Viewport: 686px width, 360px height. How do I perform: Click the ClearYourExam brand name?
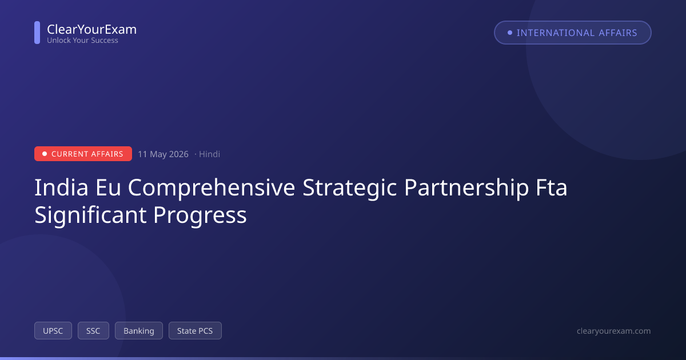(x=92, y=30)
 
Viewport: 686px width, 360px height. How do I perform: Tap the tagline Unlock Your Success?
(x=82, y=41)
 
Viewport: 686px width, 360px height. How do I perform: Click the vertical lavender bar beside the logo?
(x=37, y=33)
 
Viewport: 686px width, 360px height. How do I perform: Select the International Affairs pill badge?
(x=572, y=33)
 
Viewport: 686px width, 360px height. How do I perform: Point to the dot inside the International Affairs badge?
(x=510, y=33)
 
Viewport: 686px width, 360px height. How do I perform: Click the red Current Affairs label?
(x=83, y=154)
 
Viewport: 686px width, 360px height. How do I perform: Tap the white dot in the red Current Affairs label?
(x=45, y=154)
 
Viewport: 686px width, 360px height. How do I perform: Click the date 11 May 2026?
(x=163, y=154)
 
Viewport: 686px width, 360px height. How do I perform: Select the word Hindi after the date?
(x=209, y=154)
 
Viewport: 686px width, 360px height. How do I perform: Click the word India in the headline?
(x=61, y=187)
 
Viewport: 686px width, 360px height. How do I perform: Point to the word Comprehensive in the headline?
(x=212, y=188)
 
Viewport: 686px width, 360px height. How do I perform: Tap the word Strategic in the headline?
(x=350, y=188)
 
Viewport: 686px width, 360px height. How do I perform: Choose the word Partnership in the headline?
(x=466, y=188)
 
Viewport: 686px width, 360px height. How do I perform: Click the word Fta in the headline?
(x=552, y=187)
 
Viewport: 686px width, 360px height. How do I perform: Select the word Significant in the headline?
(x=90, y=215)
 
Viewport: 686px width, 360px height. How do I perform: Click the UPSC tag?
(x=53, y=331)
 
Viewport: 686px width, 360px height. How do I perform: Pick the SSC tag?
(x=93, y=331)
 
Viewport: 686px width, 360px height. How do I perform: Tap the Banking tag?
(x=139, y=331)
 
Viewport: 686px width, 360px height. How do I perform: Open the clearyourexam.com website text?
(x=614, y=331)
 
